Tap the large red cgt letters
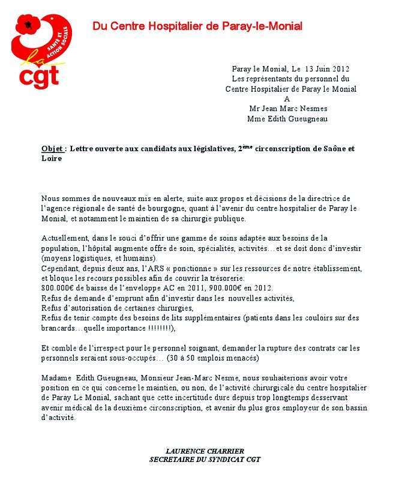point(40,77)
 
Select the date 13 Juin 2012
point(327,69)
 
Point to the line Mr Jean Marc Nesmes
point(289,109)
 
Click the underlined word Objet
point(53,149)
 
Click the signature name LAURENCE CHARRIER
point(205,451)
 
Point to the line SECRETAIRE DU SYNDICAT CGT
point(205,460)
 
